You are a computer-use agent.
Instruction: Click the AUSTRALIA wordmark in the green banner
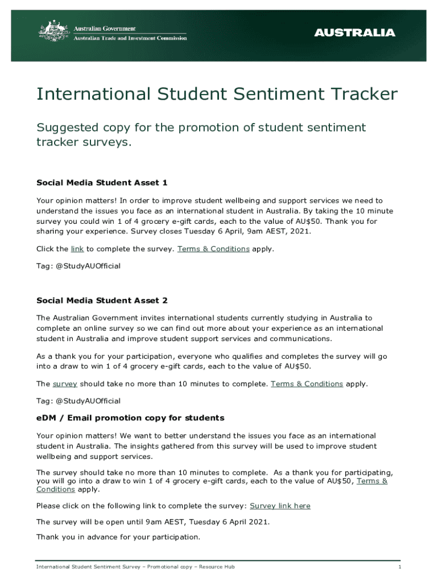354,32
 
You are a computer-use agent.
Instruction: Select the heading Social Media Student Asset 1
102,183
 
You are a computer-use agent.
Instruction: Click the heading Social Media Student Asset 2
102,300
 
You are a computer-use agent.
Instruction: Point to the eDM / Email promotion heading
130,418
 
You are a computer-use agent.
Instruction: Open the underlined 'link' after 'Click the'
77,249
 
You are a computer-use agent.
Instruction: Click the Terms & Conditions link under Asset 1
213,249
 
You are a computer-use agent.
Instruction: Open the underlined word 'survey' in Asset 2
65,384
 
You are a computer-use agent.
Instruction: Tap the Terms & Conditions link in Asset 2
307,384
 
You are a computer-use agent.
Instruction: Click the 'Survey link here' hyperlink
280,506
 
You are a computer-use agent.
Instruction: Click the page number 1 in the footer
400,567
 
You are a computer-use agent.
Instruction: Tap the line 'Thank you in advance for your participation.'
118,537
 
